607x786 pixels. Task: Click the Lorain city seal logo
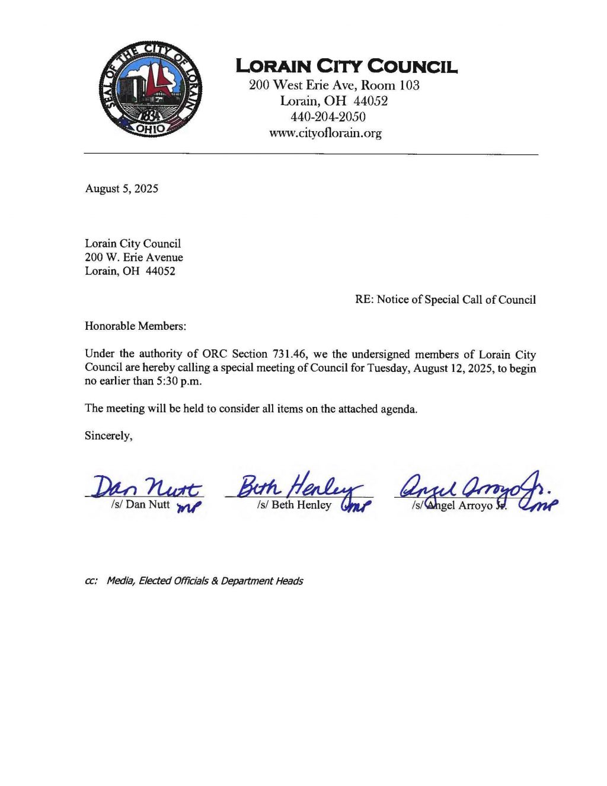(x=151, y=89)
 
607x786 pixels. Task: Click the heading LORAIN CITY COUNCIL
(x=346, y=66)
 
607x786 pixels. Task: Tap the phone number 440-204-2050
(x=328, y=117)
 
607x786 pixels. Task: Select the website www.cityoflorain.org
(x=325, y=133)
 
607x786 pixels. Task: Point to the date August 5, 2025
(x=122, y=189)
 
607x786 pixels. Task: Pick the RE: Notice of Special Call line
(x=445, y=300)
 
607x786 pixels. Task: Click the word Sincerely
(x=108, y=435)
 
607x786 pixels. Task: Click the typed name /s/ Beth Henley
(x=294, y=505)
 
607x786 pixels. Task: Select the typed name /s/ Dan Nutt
(x=140, y=504)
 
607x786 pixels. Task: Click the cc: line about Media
(x=194, y=581)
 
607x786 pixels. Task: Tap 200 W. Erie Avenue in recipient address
(x=134, y=257)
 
